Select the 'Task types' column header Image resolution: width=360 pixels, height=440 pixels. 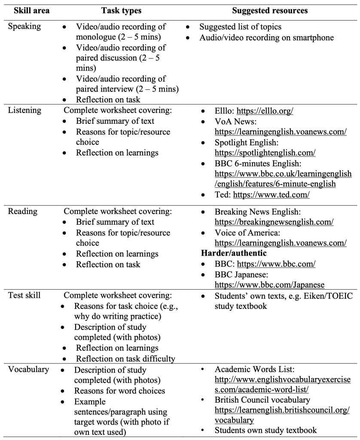(x=122, y=10)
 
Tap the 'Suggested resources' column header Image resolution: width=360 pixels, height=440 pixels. (x=269, y=10)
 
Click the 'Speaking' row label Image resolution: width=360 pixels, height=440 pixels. (x=25, y=26)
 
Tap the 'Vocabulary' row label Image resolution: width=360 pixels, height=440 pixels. (x=28, y=370)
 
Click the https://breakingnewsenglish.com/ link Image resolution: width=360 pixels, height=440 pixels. (x=274, y=222)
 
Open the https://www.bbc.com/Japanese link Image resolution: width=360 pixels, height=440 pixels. (x=269, y=285)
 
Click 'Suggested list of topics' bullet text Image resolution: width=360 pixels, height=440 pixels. (x=240, y=27)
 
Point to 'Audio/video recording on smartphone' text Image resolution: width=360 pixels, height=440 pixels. (x=266, y=38)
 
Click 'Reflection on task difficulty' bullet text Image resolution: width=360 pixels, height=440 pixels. (x=126, y=358)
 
